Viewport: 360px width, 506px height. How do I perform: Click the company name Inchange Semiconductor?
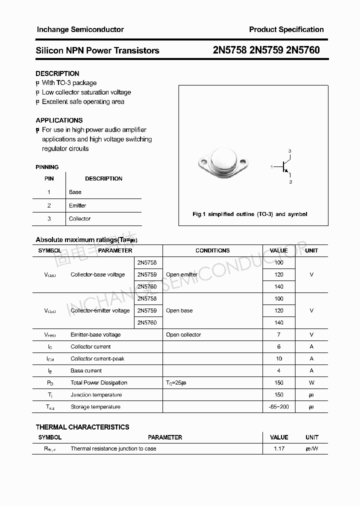(80, 29)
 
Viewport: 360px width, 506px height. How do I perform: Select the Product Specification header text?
(286, 29)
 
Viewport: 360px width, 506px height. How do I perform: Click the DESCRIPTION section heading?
(57, 73)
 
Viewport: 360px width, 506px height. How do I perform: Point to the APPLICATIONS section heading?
(59, 120)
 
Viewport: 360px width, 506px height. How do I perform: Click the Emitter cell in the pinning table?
(77, 205)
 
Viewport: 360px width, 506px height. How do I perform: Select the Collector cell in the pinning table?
(79, 218)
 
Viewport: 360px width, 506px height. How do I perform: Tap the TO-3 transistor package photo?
(223, 163)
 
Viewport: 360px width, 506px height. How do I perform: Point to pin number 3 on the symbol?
(289, 151)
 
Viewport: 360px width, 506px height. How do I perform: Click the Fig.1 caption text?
(249, 214)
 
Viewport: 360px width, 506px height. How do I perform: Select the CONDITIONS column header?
(212, 250)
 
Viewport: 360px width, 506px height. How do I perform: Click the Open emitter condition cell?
(181, 274)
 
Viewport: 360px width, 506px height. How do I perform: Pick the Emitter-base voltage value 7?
(278, 334)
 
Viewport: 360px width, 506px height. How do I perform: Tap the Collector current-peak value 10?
(278, 358)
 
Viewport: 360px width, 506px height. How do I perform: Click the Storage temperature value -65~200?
(278, 406)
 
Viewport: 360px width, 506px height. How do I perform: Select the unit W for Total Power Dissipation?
(311, 382)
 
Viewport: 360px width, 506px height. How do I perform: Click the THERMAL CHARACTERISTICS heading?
(82, 427)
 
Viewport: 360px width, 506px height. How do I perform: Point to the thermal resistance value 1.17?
(278, 448)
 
